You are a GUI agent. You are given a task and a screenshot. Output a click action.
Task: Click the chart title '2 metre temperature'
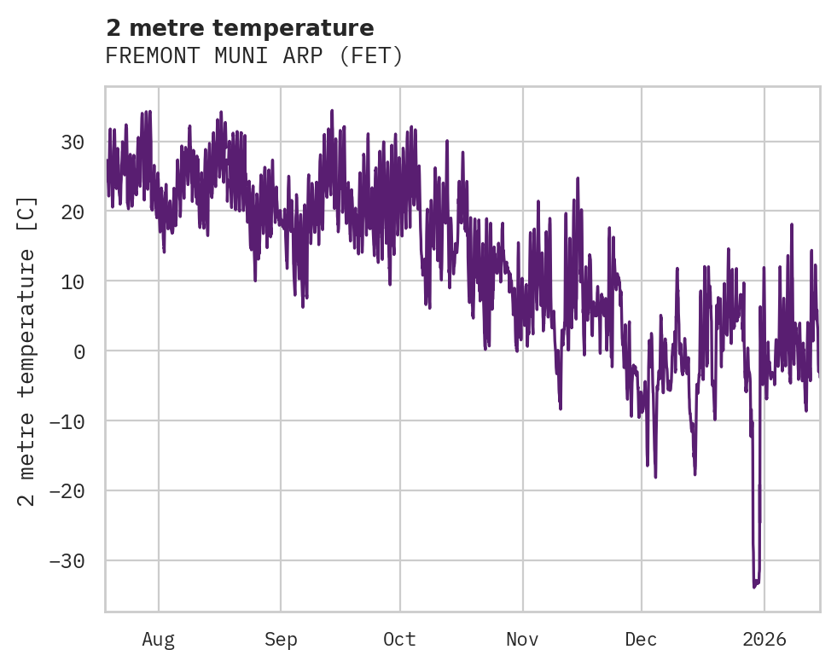coord(239,28)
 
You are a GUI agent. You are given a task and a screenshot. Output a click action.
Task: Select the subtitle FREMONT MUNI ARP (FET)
coord(253,56)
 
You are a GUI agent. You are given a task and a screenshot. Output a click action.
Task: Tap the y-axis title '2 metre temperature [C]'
coord(27,350)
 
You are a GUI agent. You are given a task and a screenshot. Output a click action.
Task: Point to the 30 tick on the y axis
coord(73,142)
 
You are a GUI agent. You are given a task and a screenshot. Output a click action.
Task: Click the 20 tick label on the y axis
coord(73,212)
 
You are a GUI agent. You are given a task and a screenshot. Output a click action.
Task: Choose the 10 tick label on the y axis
coord(73,281)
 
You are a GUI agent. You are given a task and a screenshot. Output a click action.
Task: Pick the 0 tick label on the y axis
coord(78,351)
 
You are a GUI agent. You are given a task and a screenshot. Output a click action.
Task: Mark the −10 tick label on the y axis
coord(67,421)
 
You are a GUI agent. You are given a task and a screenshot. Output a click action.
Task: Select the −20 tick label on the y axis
coord(67,491)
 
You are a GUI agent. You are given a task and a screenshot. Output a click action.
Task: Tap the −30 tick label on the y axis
coord(67,561)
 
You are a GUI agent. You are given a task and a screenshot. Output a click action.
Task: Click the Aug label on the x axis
coord(159,639)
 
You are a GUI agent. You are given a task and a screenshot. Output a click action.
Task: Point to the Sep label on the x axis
coord(281,639)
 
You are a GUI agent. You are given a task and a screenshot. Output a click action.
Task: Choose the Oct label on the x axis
coord(399,639)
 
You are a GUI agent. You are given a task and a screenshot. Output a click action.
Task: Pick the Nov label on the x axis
coord(522,639)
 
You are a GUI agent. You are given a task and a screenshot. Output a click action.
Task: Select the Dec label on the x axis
coord(641,639)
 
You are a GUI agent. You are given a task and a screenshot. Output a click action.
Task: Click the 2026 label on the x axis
coord(764,639)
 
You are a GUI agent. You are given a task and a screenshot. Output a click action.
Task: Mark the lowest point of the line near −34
coord(754,586)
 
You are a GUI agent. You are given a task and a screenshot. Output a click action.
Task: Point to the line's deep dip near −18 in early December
coord(655,476)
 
